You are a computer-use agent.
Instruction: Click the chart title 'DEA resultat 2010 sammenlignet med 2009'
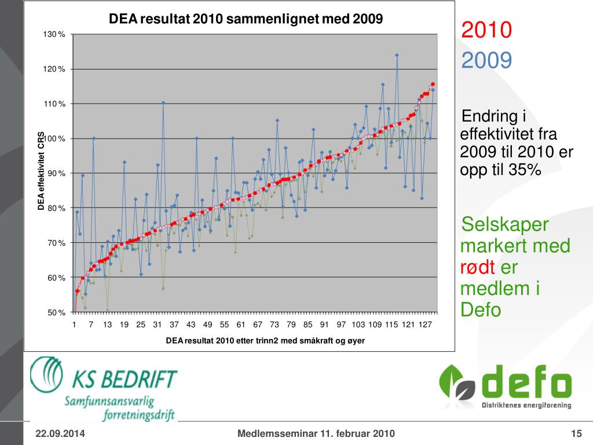click(x=246, y=19)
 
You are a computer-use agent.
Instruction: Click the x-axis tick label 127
click(x=426, y=324)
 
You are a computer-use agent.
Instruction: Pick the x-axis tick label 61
click(x=241, y=324)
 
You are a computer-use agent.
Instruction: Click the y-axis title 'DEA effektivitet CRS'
click(x=42, y=171)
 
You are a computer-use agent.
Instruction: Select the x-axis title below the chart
click(x=265, y=341)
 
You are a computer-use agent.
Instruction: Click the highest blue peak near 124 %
click(x=397, y=55)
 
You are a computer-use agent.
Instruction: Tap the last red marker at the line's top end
click(x=433, y=84)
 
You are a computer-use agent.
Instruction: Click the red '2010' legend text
click(x=486, y=30)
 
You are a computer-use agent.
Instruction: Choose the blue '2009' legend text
click(x=486, y=60)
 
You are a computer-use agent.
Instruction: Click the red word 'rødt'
click(x=478, y=267)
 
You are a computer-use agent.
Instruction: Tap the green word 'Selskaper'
click(x=504, y=225)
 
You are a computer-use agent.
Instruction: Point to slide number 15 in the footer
click(x=576, y=433)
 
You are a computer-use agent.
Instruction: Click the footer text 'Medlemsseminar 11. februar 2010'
click(x=316, y=433)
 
